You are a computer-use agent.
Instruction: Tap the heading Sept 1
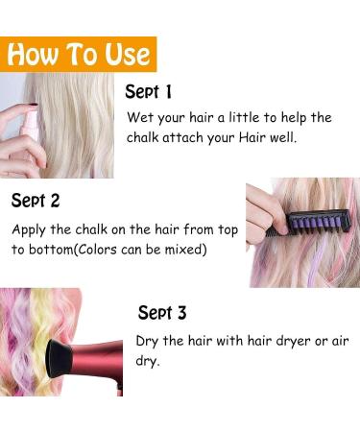(149, 92)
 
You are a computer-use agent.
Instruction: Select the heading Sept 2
(36, 201)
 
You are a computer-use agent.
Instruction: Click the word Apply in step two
(31, 230)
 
